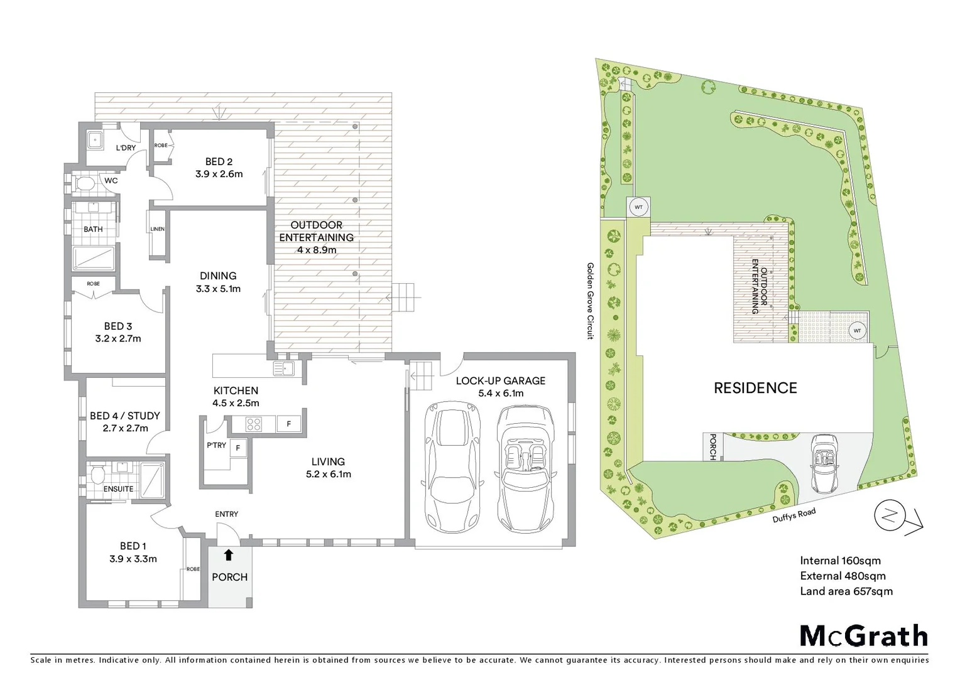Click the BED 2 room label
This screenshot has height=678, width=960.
(x=219, y=162)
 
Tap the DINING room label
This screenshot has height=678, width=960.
(x=218, y=276)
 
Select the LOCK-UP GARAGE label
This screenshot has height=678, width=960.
(x=500, y=380)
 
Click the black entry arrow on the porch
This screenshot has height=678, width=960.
(x=229, y=555)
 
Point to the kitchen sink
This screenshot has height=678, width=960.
(x=283, y=369)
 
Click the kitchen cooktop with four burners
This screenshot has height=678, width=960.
(x=253, y=424)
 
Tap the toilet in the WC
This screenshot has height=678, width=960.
(x=84, y=183)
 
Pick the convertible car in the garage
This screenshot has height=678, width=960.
(x=525, y=468)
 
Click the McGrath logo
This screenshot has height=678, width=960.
(x=863, y=636)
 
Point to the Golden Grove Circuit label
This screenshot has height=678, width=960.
(x=590, y=301)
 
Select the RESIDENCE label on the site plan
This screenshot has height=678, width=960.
(x=755, y=388)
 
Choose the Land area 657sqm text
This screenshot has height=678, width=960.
(x=846, y=591)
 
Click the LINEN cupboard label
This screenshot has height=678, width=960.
(x=157, y=229)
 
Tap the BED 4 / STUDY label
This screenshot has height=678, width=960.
(x=124, y=416)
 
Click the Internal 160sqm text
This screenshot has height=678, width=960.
(x=840, y=561)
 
